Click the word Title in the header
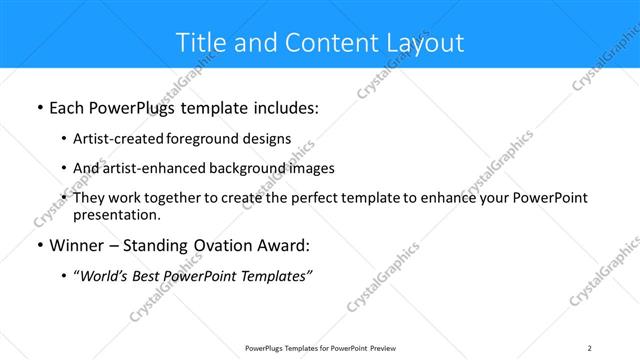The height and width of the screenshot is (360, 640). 200,43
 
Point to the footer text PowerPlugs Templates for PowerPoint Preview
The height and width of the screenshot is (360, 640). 319,348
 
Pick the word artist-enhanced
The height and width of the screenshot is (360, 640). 151,168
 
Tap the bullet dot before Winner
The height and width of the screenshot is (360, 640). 39,246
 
